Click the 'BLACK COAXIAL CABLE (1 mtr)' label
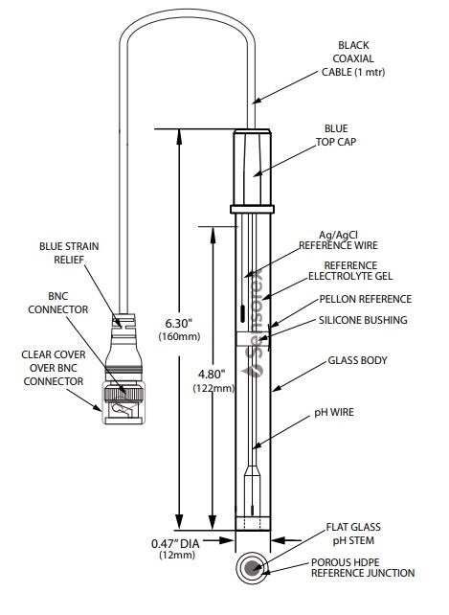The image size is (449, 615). tap(353, 58)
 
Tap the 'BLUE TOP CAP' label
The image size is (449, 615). tap(336, 135)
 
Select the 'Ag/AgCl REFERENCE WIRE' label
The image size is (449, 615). tap(338, 240)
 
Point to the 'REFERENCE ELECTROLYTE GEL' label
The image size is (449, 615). tap(350, 271)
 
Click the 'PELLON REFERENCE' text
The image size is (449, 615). tap(366, 299)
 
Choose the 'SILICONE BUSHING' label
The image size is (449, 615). tap(363, 320)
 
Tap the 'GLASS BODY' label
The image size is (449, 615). tap(357, 360)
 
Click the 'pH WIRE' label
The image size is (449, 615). tap(334, 412)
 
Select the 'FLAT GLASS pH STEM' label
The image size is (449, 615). tap(353, 534)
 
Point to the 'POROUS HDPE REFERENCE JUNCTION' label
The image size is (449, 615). tap(363, 567)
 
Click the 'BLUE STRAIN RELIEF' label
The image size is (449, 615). tap(69, 253)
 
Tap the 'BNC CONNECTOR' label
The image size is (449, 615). tap(58, 303)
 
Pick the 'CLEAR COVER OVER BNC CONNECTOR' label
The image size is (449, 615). tap(54, 368)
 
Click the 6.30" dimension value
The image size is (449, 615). tap(179, 323)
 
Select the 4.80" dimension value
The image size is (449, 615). tap(212, 375)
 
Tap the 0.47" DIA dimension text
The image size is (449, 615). tap(175, 543)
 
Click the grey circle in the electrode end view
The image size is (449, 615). tap(252, 567)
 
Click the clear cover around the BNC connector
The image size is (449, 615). tap(123, 402)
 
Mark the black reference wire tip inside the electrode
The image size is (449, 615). tap(243, 314)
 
